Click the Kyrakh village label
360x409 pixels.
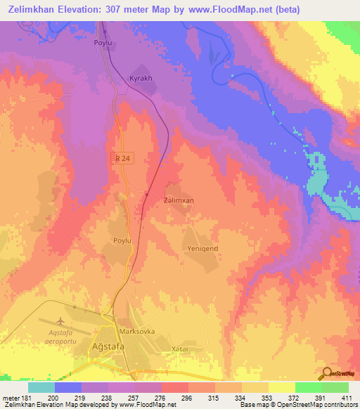pyautogui.click(x=141, y=78)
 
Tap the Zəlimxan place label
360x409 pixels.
pyautogui.click(x=179, y=200)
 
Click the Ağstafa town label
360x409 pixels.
pyautogui.click(x=111, y=346)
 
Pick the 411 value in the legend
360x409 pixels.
pyautogui.click(x=347, y=397)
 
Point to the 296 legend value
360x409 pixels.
pyautogui.click(x=187, y=397)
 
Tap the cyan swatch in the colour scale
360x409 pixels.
pyautogui.click(x=41, y=387)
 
